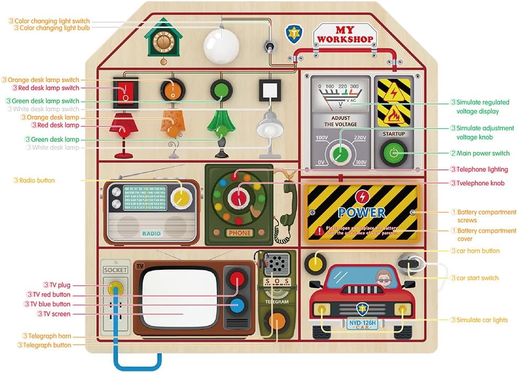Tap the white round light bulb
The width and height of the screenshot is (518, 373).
pyautogui.click(x=220, y=46)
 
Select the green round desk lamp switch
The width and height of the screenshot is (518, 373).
pyautogui.click(x=220, y=90)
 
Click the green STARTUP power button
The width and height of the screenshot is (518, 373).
pyautogui.click(x=393, y=153)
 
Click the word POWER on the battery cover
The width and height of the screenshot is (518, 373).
pyautogui.click(x=362, y=212)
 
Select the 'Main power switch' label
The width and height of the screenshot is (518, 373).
pyautogui.click(x=483, y=153)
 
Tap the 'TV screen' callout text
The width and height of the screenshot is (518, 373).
pyautogui.click(x=56, y=314)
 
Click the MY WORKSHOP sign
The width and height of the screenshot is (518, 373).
pyautogui.click(x=345, y=35)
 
